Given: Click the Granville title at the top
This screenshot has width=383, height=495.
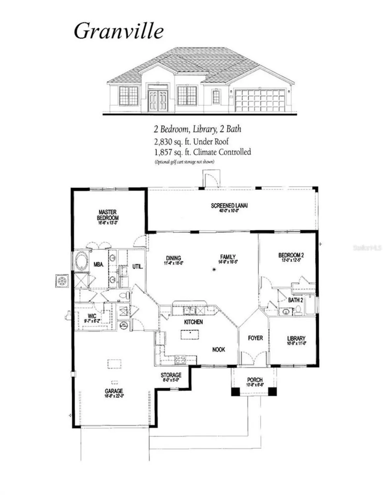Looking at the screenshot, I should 119,31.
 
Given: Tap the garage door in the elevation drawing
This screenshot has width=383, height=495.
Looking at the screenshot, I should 260,100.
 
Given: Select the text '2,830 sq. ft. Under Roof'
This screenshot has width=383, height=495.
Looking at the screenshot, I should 191,142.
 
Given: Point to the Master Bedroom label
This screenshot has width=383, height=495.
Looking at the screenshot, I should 108,216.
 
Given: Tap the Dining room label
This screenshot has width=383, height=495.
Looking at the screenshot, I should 173,260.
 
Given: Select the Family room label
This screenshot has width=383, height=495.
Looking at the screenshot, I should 228,258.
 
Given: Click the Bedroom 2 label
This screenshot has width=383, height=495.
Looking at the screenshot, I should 291,256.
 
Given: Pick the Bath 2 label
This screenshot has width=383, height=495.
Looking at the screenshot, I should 295,300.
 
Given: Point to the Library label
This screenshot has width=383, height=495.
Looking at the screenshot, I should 296,340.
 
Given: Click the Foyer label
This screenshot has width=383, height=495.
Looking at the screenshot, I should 255,338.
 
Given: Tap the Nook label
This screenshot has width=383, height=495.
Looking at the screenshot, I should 219,349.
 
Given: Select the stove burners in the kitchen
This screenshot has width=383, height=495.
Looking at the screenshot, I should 180,360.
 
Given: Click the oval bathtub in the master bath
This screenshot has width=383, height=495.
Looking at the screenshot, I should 81,261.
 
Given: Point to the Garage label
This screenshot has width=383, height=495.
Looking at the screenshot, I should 114,392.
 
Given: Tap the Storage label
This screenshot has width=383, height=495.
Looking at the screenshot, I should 171,377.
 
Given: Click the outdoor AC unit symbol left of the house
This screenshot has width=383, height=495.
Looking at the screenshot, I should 62,280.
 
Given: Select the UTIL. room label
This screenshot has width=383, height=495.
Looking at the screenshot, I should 137,266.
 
